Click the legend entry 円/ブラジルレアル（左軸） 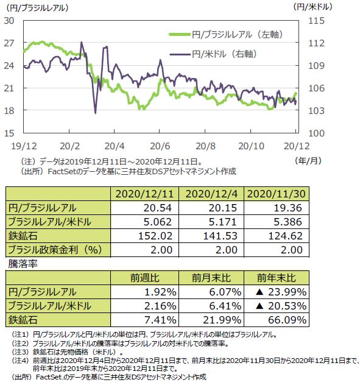[226, 35]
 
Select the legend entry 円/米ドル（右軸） [213, 54]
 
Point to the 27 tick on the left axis [9, 43]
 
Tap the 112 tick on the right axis [316, 43]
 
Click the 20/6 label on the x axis [160, 146]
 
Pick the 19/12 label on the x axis [24, 146]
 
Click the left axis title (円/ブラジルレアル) [37, 8]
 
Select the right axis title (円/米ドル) [312, 7]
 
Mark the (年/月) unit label [308, 161]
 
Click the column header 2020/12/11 [145, 194]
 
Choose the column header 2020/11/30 [277, 194]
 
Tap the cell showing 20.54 [158, 208]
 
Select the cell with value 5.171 [223, 222]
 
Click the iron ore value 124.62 [286, 236]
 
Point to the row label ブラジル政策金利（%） [55, 250]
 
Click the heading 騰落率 [23, 264]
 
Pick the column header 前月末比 [211, 278]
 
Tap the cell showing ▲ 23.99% [281, 292]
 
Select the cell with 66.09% [288, 320]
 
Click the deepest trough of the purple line [96, 113]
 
